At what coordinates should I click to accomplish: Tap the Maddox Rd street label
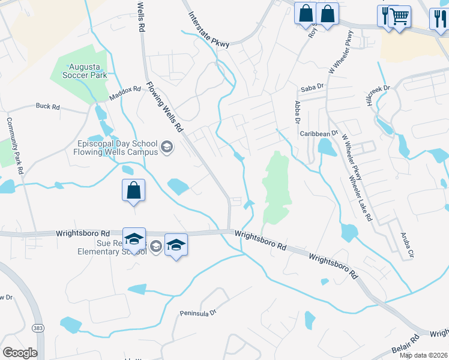click(124, 93)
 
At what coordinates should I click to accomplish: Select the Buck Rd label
click(47, 107)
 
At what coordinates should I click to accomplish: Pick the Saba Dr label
click(312, 86)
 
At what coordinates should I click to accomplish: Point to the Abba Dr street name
click(297, 112)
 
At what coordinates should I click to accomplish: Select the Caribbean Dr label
click(319, 133)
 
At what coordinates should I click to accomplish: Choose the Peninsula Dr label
click(197, 313)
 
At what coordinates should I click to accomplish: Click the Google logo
click(20, 352)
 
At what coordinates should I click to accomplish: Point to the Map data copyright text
click(423, 355)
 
